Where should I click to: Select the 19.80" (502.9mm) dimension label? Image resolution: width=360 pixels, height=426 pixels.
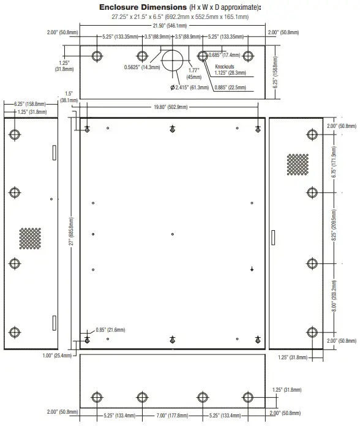171,107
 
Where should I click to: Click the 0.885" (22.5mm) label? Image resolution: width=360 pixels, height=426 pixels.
230,88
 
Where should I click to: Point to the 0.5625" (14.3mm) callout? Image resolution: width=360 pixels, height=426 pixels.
142,67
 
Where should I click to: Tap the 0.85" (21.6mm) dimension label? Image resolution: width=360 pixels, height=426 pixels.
110,329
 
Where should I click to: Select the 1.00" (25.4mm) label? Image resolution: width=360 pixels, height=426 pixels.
60,356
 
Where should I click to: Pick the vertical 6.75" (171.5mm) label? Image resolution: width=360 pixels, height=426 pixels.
334,163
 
